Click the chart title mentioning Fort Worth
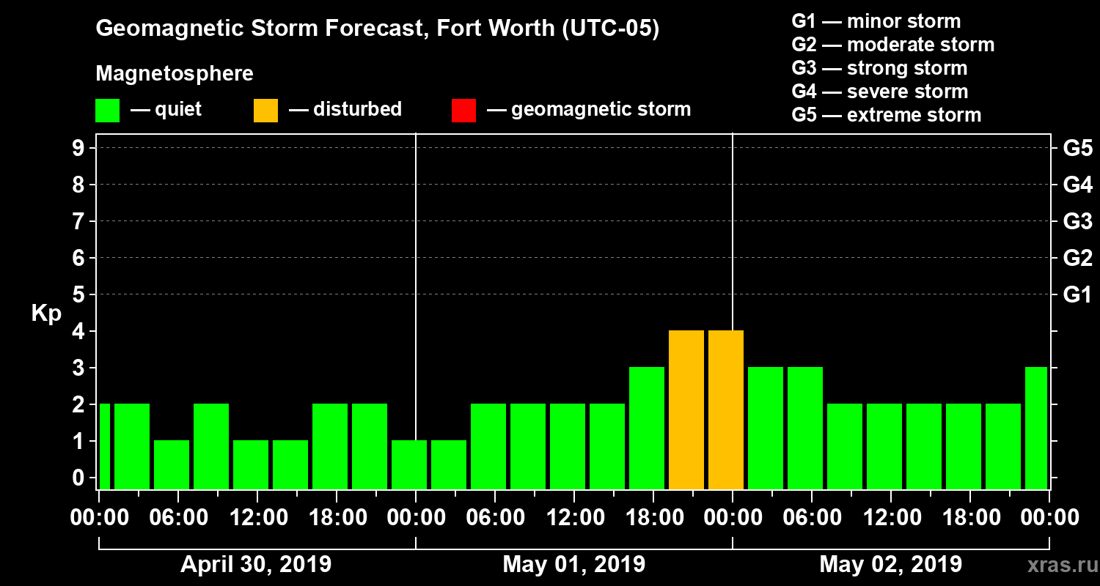378,29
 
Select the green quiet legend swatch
107,111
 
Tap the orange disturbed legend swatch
265,111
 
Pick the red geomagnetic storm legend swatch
463,111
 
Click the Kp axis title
46,314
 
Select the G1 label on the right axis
1077,295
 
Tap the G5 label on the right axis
1077,149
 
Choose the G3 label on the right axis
1077,222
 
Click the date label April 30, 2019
256,565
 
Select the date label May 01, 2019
574,565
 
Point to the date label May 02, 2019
890,565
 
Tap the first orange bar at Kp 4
686,409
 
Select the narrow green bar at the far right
1036,428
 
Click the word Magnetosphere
175,74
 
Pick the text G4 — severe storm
879,92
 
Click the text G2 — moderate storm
892,45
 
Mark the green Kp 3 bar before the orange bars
647,428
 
